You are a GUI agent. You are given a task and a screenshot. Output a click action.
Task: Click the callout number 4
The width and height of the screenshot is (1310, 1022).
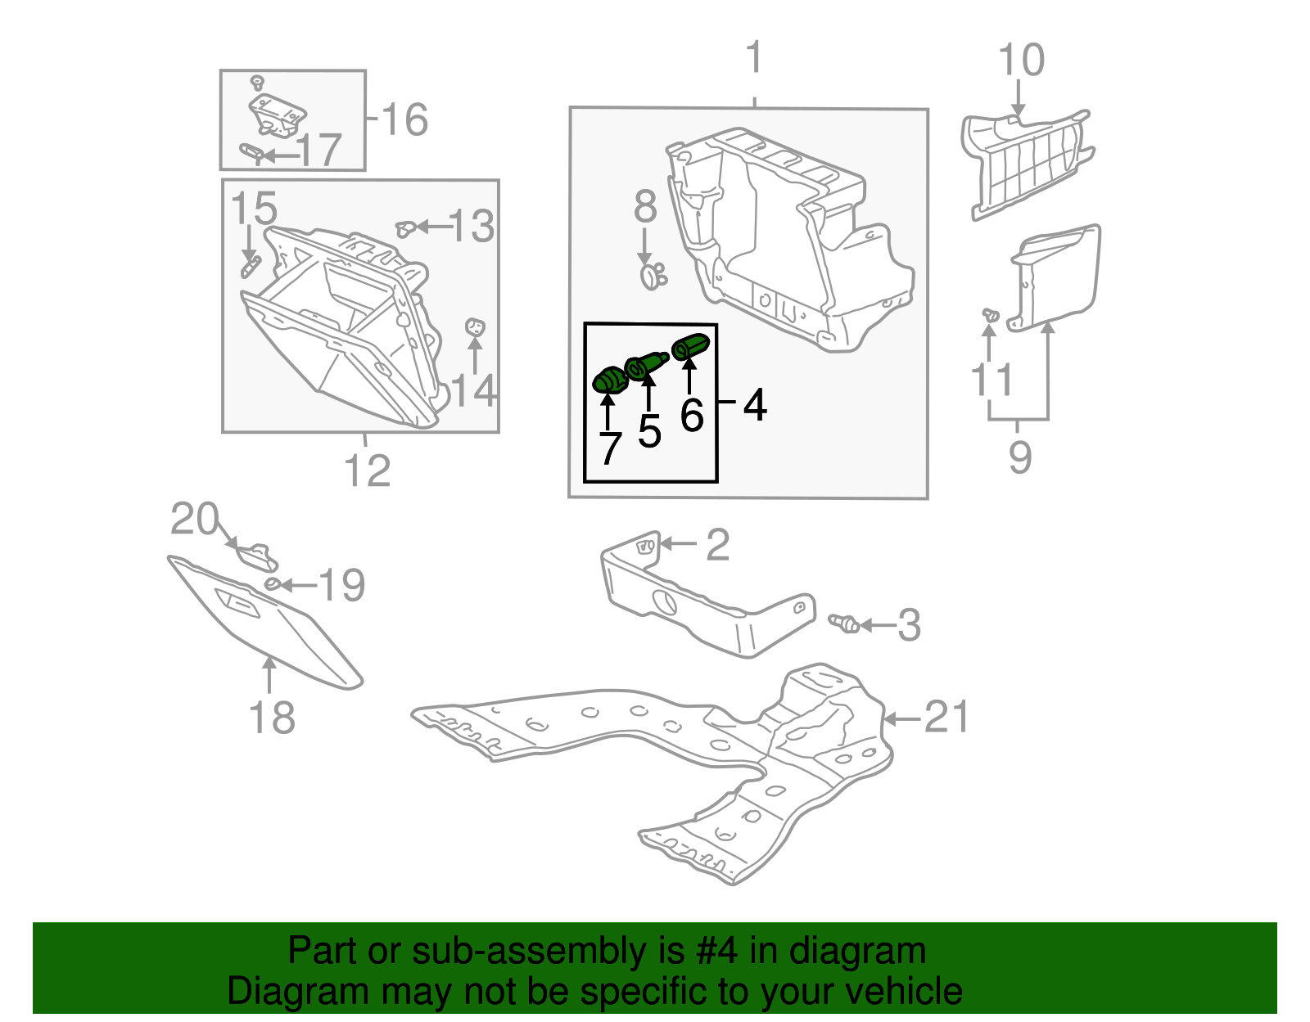(754, 404)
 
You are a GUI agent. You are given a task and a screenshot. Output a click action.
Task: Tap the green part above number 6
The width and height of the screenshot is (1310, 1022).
(689, 347)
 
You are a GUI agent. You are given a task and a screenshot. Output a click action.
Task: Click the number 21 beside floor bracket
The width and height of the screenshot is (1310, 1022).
(946, 717)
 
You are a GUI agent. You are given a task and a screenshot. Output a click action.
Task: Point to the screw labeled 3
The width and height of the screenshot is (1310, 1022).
(844, 624)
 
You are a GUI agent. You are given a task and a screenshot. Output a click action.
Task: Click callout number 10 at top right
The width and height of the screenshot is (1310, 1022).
(1021, 61)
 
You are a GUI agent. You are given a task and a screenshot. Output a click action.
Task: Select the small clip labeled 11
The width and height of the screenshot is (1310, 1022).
(990, 315)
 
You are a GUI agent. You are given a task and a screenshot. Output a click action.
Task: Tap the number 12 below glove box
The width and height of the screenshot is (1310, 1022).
(367, 470)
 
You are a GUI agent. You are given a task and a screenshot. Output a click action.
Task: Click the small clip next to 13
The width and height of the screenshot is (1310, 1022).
(404, 228)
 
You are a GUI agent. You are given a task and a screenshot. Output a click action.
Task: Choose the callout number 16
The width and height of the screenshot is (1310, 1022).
(404, 119)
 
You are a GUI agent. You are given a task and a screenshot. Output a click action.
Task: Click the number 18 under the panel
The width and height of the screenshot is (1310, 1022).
(271, 718)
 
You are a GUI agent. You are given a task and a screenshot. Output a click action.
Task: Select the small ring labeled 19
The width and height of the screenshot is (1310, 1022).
(272, 583)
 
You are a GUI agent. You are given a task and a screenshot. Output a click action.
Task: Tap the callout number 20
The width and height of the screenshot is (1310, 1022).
(194, 519)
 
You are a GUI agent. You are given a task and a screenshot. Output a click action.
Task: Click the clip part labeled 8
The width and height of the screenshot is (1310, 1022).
(652, 276)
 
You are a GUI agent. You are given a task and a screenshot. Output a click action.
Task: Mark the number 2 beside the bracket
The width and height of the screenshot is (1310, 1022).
(717, 545)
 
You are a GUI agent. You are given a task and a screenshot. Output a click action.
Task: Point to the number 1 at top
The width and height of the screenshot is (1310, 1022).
(754, 59)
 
